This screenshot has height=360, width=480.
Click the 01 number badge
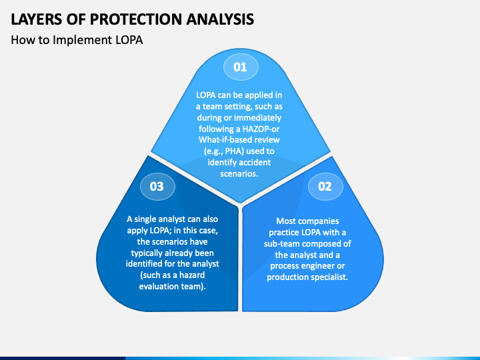pyautogui.click(x=239, y=67)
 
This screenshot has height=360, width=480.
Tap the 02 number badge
pyautogui.click(x=325, y=186)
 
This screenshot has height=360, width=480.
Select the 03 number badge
pyautogui.click(x=157, y=186)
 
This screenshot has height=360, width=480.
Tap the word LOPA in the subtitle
pyautogui.click(x=128, y=40)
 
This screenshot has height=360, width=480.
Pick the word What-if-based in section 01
pyautogui.click(x=223, y=139)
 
